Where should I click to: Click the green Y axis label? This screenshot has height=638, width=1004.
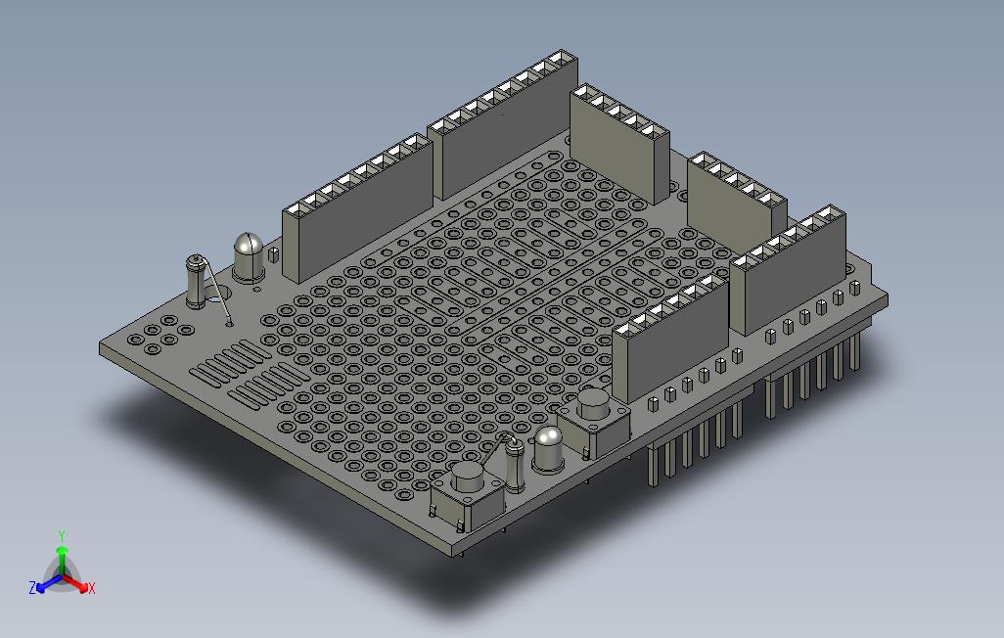pos(62,535)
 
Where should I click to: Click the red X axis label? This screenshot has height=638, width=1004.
pos(92,588)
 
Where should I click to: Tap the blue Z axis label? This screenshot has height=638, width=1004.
pos(32,587)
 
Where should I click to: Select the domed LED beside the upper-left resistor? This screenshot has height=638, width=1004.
pos(249,257)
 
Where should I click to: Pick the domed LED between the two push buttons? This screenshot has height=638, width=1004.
pos(548,450)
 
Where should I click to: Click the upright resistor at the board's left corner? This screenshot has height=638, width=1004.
pos(196,281)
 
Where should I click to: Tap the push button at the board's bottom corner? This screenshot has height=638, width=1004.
pos(467,494)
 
